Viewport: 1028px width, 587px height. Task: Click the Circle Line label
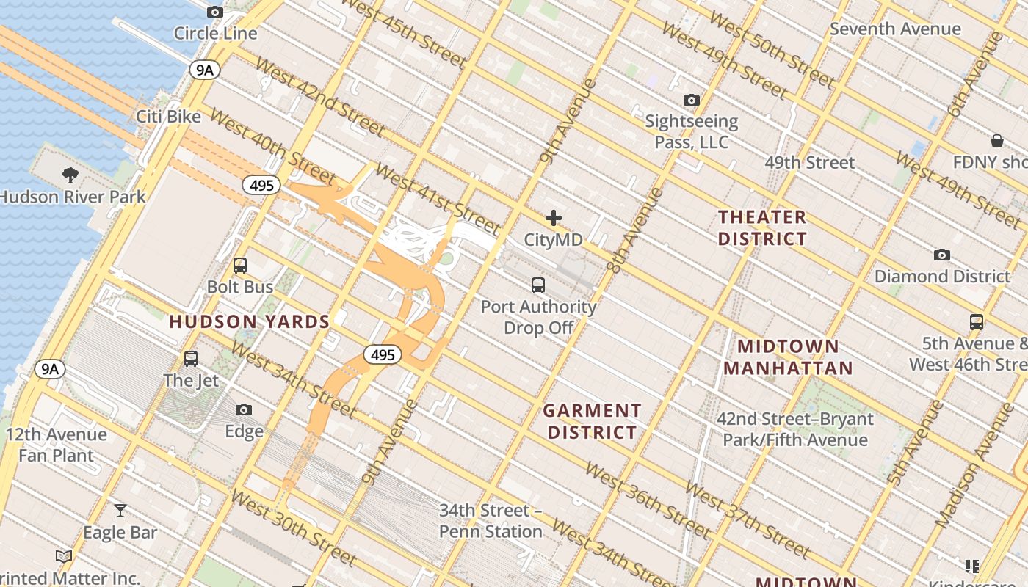215,33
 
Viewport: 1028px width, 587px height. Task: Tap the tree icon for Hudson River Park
70,175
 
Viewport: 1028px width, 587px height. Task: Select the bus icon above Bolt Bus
240,266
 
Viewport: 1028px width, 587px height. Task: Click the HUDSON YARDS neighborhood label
250,321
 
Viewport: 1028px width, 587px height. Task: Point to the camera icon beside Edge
244,410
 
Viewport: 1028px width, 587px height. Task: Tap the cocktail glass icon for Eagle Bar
120,511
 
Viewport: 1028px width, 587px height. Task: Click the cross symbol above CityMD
554,218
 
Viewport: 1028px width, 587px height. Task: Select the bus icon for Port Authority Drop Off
538,285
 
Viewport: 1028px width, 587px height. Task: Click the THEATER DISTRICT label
762,227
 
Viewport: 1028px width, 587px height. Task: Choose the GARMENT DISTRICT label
593,421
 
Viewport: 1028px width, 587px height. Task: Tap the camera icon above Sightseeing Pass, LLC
691,100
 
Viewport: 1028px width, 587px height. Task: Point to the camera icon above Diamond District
942,255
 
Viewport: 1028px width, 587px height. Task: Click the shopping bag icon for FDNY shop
997,140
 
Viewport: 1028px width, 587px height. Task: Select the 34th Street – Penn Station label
490,520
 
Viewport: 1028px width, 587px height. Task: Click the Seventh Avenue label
895,29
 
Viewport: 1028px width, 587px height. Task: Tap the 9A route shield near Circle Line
204,70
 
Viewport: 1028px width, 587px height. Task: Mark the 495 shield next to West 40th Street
261,186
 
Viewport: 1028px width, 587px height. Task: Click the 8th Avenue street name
635,231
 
